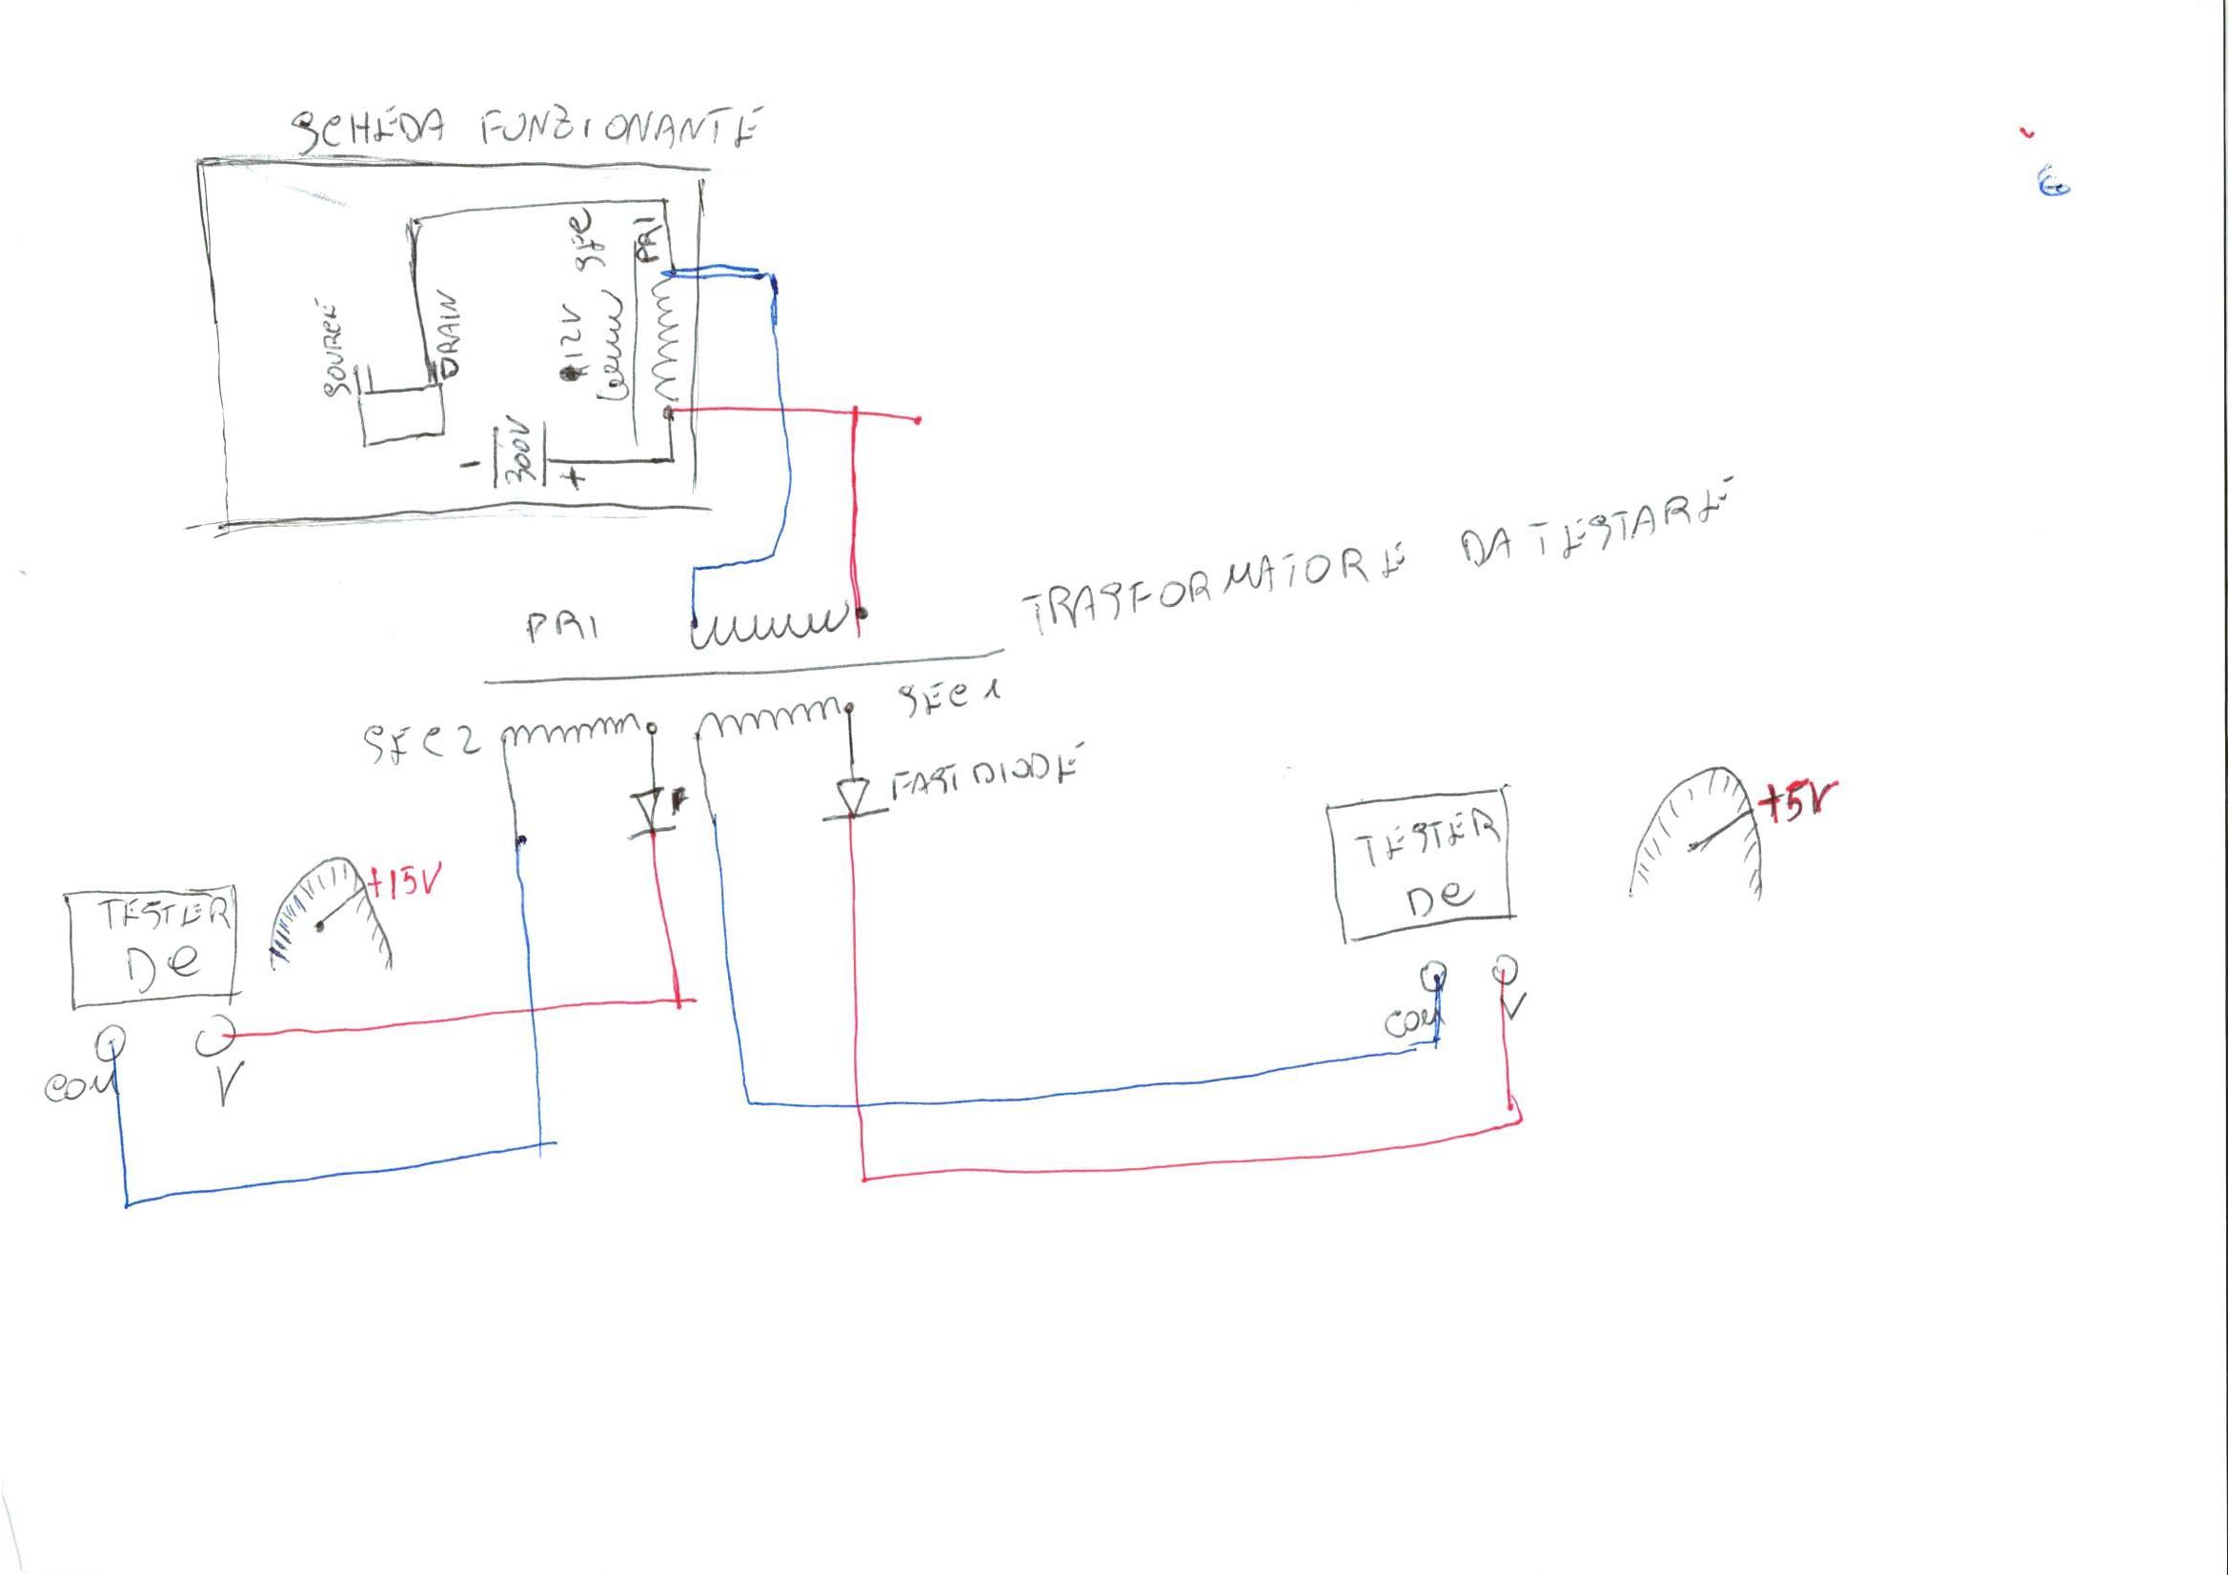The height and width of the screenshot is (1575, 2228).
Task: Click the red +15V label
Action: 407,884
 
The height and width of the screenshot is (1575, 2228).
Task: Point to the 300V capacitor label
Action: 517,454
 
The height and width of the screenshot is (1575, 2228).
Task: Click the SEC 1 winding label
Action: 949,697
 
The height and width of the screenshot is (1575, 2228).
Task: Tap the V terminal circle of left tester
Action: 213,1037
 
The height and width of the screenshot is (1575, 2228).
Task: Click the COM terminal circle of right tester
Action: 1432,974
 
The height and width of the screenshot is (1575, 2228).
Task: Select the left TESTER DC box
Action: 153,945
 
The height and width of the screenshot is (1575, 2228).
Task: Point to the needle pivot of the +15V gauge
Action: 320,927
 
